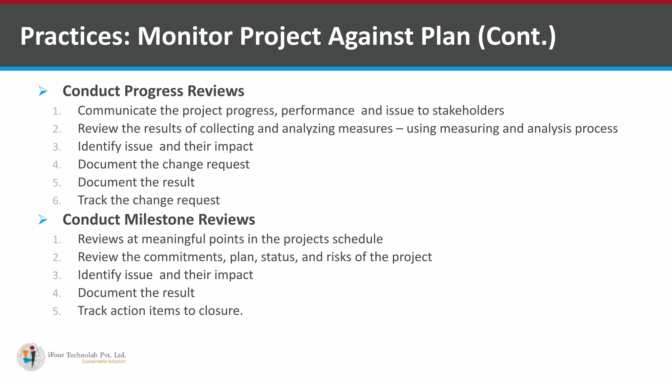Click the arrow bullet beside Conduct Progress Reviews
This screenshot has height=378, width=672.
(43, 91)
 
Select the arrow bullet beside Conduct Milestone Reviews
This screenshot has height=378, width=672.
(43, 220)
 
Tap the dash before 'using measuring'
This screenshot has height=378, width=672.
(399, 129)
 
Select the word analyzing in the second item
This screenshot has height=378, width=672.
(308, 129)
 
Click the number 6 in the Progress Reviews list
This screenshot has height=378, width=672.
(56, 200)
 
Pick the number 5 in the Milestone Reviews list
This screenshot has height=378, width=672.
(56, 311)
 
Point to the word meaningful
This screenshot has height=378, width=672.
(173, 239)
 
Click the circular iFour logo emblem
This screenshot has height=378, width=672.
(31, 357)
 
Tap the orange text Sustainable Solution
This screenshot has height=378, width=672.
(104, 362)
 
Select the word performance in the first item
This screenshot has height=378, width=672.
(318, 111)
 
